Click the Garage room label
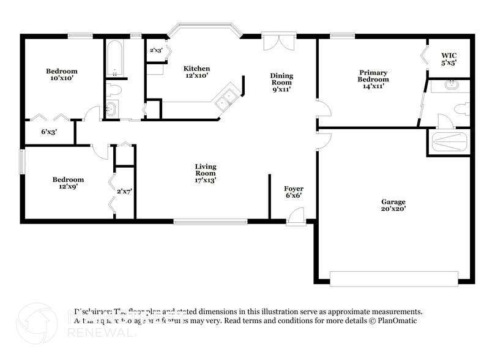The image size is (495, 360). pyautogui.click(x=393, y=205)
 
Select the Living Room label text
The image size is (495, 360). pyautogui.click(x=206, y=173)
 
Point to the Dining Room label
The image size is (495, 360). pyautogui.click(x=281, y=82)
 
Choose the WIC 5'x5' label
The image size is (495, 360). pyautogui.click(x=449, y=59)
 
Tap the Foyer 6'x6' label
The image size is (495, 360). pyautogui.click(x=294, y=192)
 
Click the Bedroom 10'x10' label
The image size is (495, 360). pyautogui.click(x=62, y=75)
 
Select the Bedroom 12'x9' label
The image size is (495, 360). pyautogui.click(x=68, y=182)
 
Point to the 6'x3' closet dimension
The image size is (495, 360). pyautogui.click(x=49, y=132)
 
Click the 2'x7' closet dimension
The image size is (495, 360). pyautogui.click(x=125, y=192)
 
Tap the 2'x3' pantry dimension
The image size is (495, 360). pyautogui.click(x=155, y=50)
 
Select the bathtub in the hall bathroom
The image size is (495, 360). pyautogui.click(x=114, y=59)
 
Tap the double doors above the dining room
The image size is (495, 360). pyautogui.click(x=279, y=41)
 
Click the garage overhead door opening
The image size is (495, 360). pyautogui.click(x=393, y=279)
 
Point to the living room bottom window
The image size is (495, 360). pyautogui.click(x=210, y=220)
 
